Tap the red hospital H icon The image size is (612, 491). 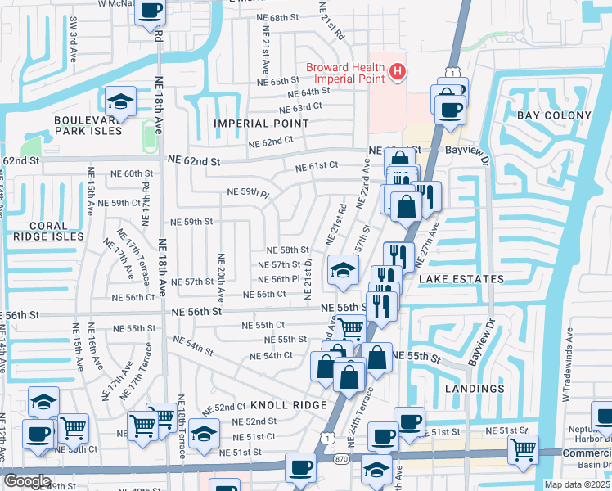click(x=398, y=73)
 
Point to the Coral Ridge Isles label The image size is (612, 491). click(x=47, y=230)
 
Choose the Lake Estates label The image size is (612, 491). click(x=461, y=279)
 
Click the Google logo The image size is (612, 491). click(x=27, y=481)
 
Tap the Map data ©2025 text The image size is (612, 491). click(x=577, y=484)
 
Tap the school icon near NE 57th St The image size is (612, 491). click(x=343, y=269)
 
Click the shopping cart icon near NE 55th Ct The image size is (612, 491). click(x=350, y=327)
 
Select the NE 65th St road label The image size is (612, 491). click(x=278, y=82)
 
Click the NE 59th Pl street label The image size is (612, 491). click(x=248, y=193)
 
